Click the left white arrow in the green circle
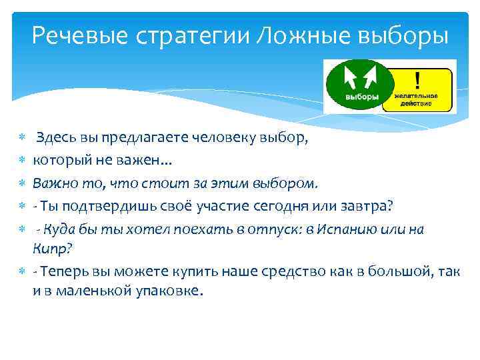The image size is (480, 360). [349, 79]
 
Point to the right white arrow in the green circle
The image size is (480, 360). [368, 79]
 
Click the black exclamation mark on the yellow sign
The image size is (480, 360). [417, 81]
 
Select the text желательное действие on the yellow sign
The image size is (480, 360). [417, 100]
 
